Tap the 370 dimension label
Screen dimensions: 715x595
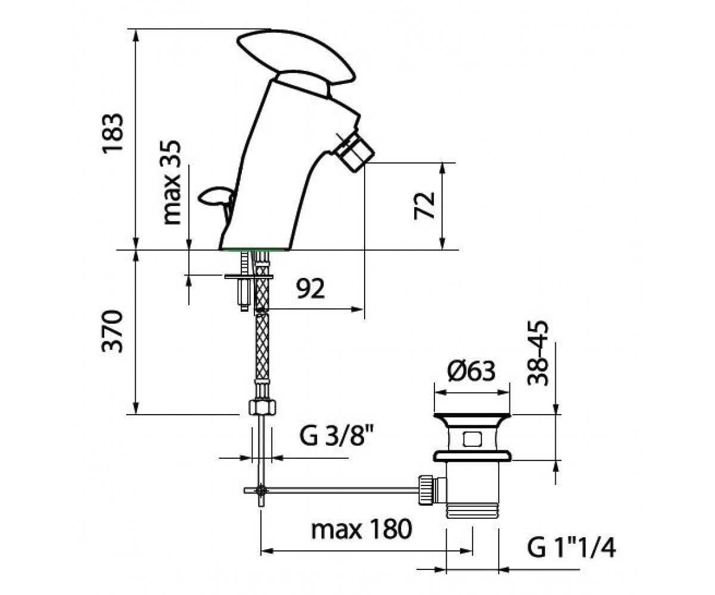[113, 331]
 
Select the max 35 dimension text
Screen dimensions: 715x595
[171, 182]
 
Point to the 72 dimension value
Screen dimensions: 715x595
[424, 205]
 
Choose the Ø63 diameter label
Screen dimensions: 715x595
[471, 371]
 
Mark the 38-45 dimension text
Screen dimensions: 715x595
[538, 353]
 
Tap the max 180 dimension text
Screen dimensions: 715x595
[362, 529]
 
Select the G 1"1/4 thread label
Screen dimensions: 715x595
[571, 548]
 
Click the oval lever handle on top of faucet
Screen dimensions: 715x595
[296, 61]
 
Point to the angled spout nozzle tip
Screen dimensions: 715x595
[354, 153]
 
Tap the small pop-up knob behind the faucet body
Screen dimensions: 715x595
[216, 198]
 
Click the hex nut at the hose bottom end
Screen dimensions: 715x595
[262, 407]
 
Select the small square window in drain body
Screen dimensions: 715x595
[472, 439]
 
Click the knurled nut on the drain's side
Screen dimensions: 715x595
[425, 491]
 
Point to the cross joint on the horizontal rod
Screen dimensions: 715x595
[262, 490]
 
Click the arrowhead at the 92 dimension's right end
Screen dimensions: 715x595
[358, 309]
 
